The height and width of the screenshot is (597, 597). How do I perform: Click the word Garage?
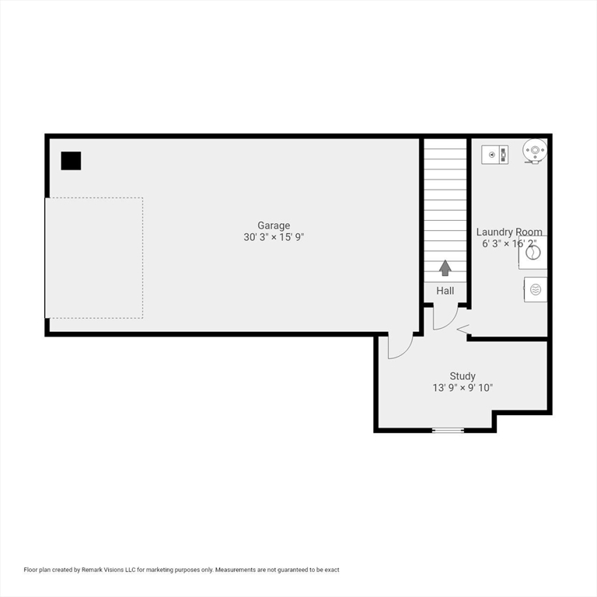click(274, 225)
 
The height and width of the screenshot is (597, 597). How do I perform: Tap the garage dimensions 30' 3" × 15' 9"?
click(274, 237)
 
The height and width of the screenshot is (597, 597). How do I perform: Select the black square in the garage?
click(71, 161)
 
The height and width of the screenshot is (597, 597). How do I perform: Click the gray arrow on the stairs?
click(445, 268)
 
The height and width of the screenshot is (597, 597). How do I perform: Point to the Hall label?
click(445, 291)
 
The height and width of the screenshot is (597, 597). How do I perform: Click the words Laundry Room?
click(509, 232)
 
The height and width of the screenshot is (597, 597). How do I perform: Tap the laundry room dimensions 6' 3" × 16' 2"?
click(509, 243)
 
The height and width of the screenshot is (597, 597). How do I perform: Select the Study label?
click(463, 375)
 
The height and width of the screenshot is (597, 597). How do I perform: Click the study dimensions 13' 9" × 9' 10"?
click(463, 387)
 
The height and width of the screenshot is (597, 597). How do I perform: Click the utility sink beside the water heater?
click(494, 154)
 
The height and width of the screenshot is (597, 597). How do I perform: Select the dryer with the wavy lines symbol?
click(535, 289)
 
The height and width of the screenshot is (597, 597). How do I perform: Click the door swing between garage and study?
click(398, 347)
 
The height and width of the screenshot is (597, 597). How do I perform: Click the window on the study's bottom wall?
click(448, 430)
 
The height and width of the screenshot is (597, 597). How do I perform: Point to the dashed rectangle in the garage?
click(94, 257)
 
